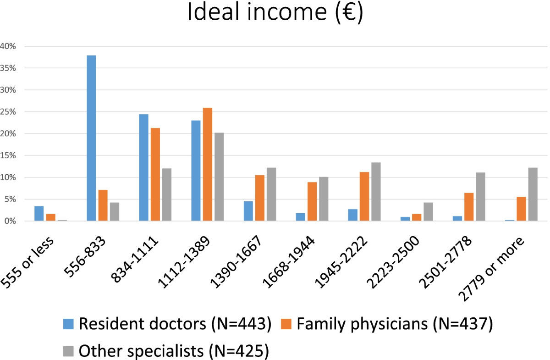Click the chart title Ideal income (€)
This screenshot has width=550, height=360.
(x=275, y=14)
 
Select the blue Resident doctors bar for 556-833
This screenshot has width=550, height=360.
(x=91, y=138)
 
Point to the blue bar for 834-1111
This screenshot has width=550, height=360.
(x=143, y=167)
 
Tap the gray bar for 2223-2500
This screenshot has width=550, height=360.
(x=428, y=212)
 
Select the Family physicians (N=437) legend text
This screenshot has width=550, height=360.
(x=394, y=324)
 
